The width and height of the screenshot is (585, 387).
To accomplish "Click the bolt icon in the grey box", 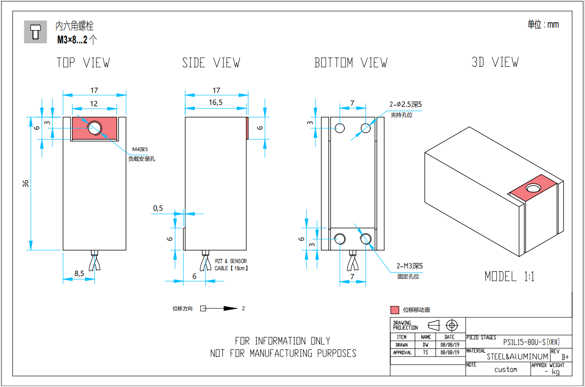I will tap(35, 32).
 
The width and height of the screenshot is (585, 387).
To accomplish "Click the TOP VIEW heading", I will tap(83, 63).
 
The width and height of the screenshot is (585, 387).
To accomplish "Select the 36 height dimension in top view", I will tap(26, 183).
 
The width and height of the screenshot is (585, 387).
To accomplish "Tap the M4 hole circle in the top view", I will tap(94, 128).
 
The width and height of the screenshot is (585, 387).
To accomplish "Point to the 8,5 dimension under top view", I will tap(79, 274).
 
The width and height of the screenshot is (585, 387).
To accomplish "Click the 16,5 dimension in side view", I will tap(216, 102).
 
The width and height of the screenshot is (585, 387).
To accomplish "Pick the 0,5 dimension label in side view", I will tap(158, 208).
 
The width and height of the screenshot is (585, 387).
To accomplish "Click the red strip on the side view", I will tap(247, 128).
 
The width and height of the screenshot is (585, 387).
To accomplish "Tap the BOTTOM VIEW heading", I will tap(351, 63).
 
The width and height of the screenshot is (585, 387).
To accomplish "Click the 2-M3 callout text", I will tap(409, 266).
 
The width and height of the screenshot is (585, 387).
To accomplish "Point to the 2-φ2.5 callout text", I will tap(406, 104).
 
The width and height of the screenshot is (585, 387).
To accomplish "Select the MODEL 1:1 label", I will tap(509, 276).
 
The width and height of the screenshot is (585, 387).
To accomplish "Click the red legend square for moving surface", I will tap(395, 310).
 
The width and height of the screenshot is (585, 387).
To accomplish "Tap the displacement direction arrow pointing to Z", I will tap(224, 309).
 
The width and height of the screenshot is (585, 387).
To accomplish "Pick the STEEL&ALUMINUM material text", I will tap(517, 356).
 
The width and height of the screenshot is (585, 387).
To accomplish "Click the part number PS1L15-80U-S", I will tap(524, 342).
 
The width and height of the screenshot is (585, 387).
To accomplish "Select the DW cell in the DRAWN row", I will tap(426, 345).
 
